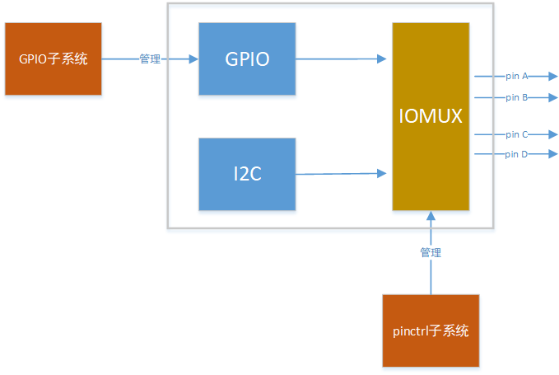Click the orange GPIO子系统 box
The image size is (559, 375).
[53, 59]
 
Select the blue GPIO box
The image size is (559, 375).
[247, 59]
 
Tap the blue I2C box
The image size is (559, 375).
[247, 173]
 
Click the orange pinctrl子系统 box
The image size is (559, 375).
[431, 330]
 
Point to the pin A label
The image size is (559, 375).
[517, 76]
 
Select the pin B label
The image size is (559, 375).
[517, 97]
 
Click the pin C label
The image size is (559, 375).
[517, 134]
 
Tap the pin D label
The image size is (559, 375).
[517, 154]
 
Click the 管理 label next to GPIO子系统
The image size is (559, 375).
[150, 59]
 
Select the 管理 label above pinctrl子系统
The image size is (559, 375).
[431, 252]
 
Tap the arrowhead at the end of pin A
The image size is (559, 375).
[552, 76]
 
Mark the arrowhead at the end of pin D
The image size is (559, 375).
[552, 154]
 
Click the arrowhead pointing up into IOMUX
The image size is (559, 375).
[431, 216]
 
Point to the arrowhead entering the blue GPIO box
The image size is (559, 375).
[193, 59]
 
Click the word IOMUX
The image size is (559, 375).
[431, 117]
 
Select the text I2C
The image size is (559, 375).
[247, 174]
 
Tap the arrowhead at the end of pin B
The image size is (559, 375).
[552, 97]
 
